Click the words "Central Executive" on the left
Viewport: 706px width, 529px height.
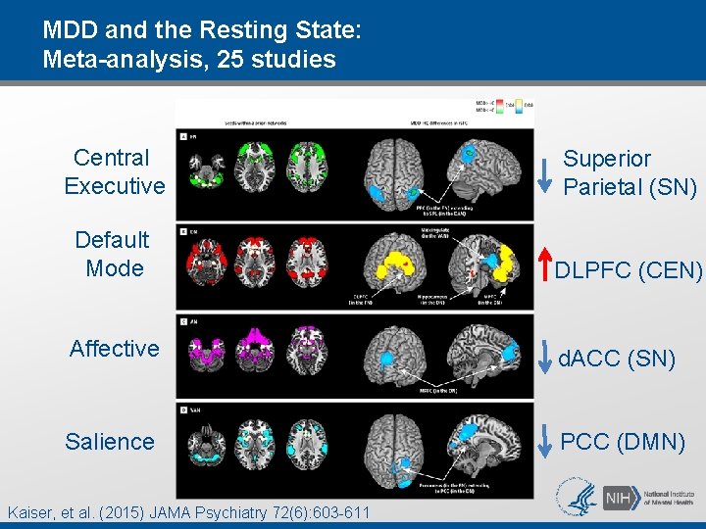click(114, 171)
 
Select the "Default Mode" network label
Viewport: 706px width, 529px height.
click(113, 254)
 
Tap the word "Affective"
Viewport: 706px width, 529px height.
click(114, 349)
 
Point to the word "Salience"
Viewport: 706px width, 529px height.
click(110, 442)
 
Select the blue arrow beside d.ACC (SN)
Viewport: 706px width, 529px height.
click(545, 359)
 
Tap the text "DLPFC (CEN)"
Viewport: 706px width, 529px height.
click(629, 270)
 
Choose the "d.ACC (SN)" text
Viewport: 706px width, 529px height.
click(617, 360)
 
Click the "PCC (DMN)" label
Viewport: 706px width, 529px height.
click(623, 442)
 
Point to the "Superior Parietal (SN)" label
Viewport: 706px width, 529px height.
click(630, 172)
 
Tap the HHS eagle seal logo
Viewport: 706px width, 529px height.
click(576, 497)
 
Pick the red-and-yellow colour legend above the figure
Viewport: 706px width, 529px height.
click(500, 105)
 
